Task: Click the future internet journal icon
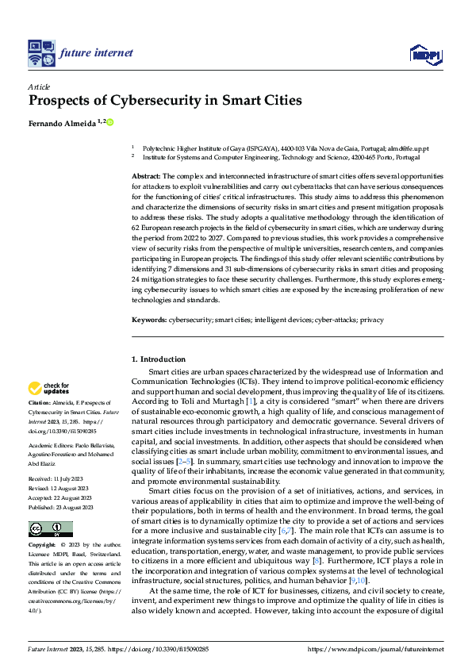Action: coord(40,53)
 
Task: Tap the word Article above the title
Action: coord(39,86)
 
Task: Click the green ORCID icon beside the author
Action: coord(110,122)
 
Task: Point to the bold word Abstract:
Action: coord(146,175)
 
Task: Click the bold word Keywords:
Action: coord(149,320)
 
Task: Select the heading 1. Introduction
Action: coord(159,359)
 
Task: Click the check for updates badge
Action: coord(49,389)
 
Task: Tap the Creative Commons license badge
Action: coord(50,507)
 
